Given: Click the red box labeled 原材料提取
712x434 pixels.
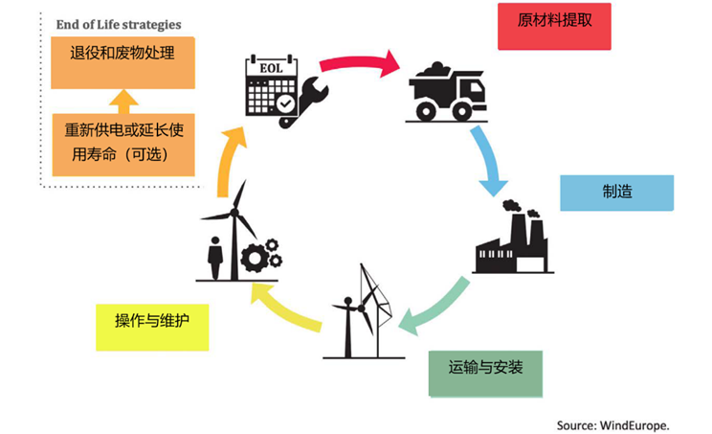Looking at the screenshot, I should click(554, 26).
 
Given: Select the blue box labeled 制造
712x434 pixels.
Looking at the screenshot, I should click(616, 191).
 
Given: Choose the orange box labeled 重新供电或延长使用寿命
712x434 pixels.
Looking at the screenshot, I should click(122, 142).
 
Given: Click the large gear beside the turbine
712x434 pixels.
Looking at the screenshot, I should click(255, 258).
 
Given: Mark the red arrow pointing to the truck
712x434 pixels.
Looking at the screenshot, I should click(359, 64).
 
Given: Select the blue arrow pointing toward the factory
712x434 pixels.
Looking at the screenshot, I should click(488, 157).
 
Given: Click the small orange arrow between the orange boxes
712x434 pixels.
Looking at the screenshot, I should click(122, 99).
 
